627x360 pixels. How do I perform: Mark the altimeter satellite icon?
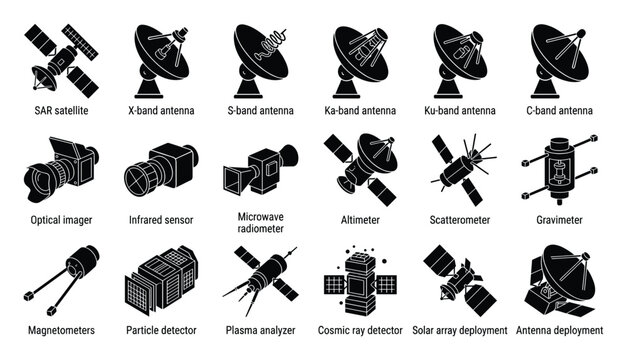pos(359,164)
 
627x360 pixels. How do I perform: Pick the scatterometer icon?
pos(460,166)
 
